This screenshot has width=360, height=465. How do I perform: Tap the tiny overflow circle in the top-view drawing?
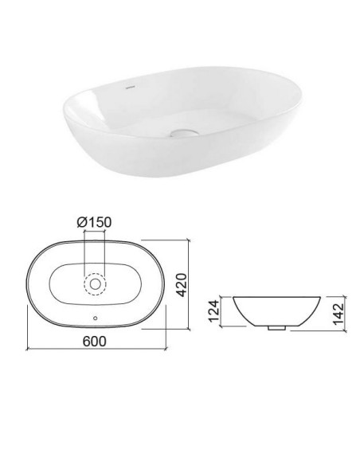coord(96,319)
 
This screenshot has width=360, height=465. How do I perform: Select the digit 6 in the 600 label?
coord(86,340)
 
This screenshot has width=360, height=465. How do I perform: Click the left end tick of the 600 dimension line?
coord(27,350)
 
